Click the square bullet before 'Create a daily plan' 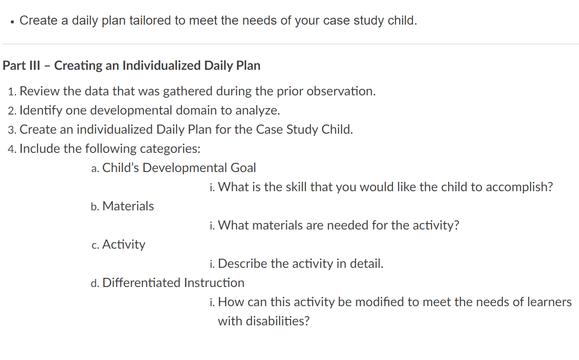pyautogui.click(x=12, y=22)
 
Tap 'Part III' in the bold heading pyautogui.click(x=21, y=65)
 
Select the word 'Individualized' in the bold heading pyautogui.click(x=161, y=65)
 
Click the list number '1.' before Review pyautogui.click(x=12, y=92)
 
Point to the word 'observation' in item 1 pyautogui.click(x=341, y=91)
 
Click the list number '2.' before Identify pyautogui.click(x=12, y=111)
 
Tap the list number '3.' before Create pyautogui.click(x=12, y=130)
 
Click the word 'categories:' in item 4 pyautogui.click(x=170, y=149)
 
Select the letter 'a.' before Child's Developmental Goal pyautogui.click(x=95, y=168)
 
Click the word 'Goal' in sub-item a pyautogui.click(x=243, y=167)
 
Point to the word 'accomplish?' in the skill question pyautogui.click(x=519, y=187)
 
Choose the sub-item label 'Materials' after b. pyautogui.click(x=128, y=206)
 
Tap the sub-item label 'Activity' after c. pyautogui.click(x=124, y=245)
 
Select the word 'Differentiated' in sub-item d pyautogui.click(x=141, y=283)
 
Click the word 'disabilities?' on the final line pyautogui.click(x=277, y=321)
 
